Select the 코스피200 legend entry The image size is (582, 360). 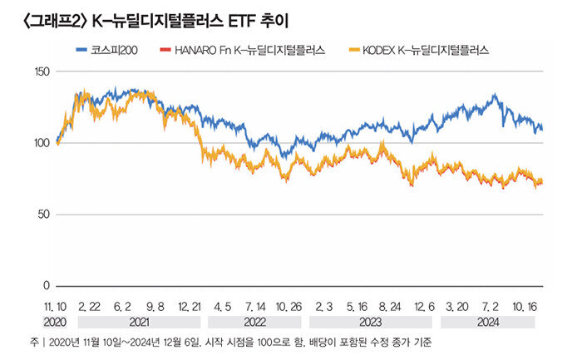click(x=116, y=51)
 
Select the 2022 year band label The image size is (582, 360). click(x=256, y=322)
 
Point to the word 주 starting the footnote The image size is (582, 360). click(x=32, y=342)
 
